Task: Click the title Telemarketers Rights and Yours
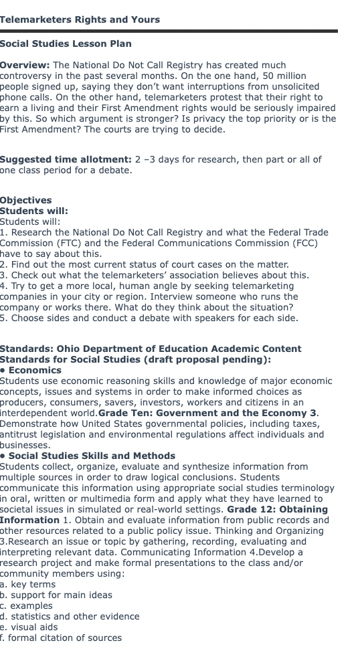pyautogui.click(x=80, y=19)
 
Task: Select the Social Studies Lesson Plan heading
pyautogui.click(x=66, y=43)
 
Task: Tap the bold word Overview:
pyautogui.click(x=25, y=65)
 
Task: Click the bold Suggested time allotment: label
pyautogui.click(x=66, y=159)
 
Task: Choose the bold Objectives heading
pyautogui.click(x=25, y=200)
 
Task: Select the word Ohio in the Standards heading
pyautogui.click(x=69, y=349)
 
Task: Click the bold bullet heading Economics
pyautogui.click(x=35, y=370)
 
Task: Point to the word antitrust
pyautogui.click(x=20, y=434)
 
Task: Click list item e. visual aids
pyautogui.click(x=29, y=627)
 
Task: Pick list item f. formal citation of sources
pyautogui.click(x=61, y=638)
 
